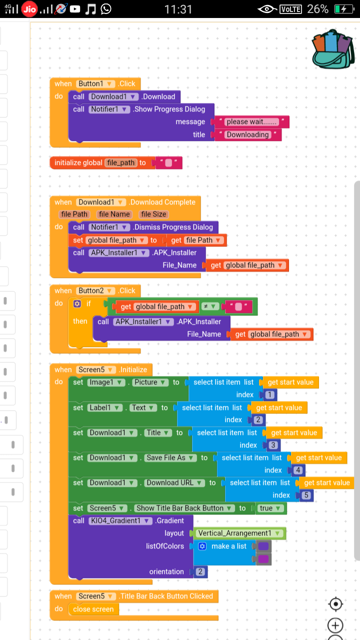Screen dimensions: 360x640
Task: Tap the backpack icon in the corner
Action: (333, 49)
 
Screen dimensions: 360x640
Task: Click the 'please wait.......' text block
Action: (251, 121)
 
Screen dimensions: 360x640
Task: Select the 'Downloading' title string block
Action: (247, 134)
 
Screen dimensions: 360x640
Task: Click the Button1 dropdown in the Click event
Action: (95, 83)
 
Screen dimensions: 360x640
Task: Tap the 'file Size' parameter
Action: (153, 214)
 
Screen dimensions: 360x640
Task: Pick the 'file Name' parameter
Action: (114, 214)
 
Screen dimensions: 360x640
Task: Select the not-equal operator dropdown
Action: (210, 306)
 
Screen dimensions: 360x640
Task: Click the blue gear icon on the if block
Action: (77, 303)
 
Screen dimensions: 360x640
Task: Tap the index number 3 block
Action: (273, 445)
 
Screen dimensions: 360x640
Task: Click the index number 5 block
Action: (306, 495)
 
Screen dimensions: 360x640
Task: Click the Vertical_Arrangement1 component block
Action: (239, 533)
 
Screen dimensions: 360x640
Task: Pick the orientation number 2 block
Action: (200, 571)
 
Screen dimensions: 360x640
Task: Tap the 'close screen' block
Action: (93, 609)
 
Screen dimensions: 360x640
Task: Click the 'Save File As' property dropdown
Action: (170, 457)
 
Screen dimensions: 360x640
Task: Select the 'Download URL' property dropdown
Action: (174, 483)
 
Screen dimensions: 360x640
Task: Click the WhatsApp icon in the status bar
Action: (106, 9)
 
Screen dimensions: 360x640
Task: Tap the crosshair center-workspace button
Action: (335, 604)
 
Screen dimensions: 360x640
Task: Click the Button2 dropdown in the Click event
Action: (95, 290)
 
